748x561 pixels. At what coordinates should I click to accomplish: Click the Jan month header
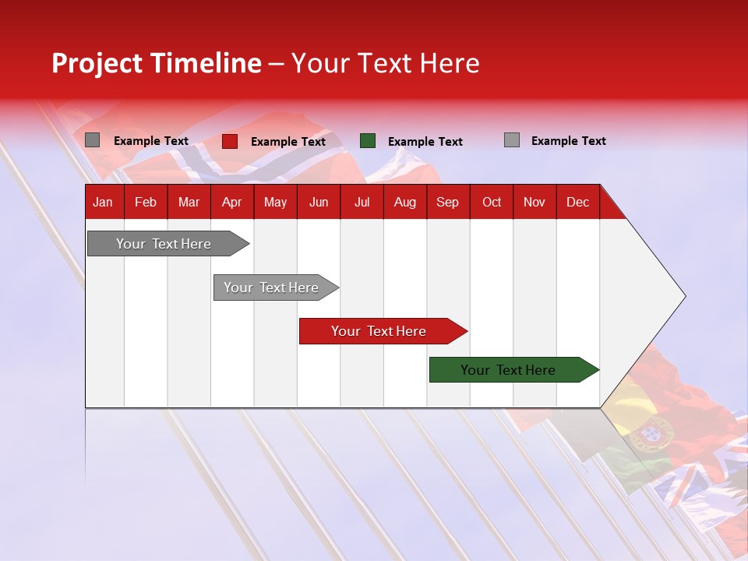click(104, 202)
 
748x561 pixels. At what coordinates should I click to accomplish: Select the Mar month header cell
click(189, 202)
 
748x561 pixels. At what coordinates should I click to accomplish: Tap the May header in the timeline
click(275, 202)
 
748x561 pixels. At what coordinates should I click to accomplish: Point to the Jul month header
click(362, 202)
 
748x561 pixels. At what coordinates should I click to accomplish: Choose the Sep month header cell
click(447, 202)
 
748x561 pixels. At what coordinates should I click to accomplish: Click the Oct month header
click(492, 202)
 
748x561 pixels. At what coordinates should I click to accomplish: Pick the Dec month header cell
click(577, 202)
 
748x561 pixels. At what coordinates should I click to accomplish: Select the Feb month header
click(146, 202)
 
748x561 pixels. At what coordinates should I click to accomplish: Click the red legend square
click(230, 141)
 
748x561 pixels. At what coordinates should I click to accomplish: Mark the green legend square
click(368, 141)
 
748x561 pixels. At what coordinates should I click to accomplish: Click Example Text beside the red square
click(288, 142)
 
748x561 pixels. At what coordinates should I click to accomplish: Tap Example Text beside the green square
click(425, 142)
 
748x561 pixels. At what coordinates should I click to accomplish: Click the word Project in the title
click(97, 63)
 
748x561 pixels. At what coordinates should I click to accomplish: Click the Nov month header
click(535, 202)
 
